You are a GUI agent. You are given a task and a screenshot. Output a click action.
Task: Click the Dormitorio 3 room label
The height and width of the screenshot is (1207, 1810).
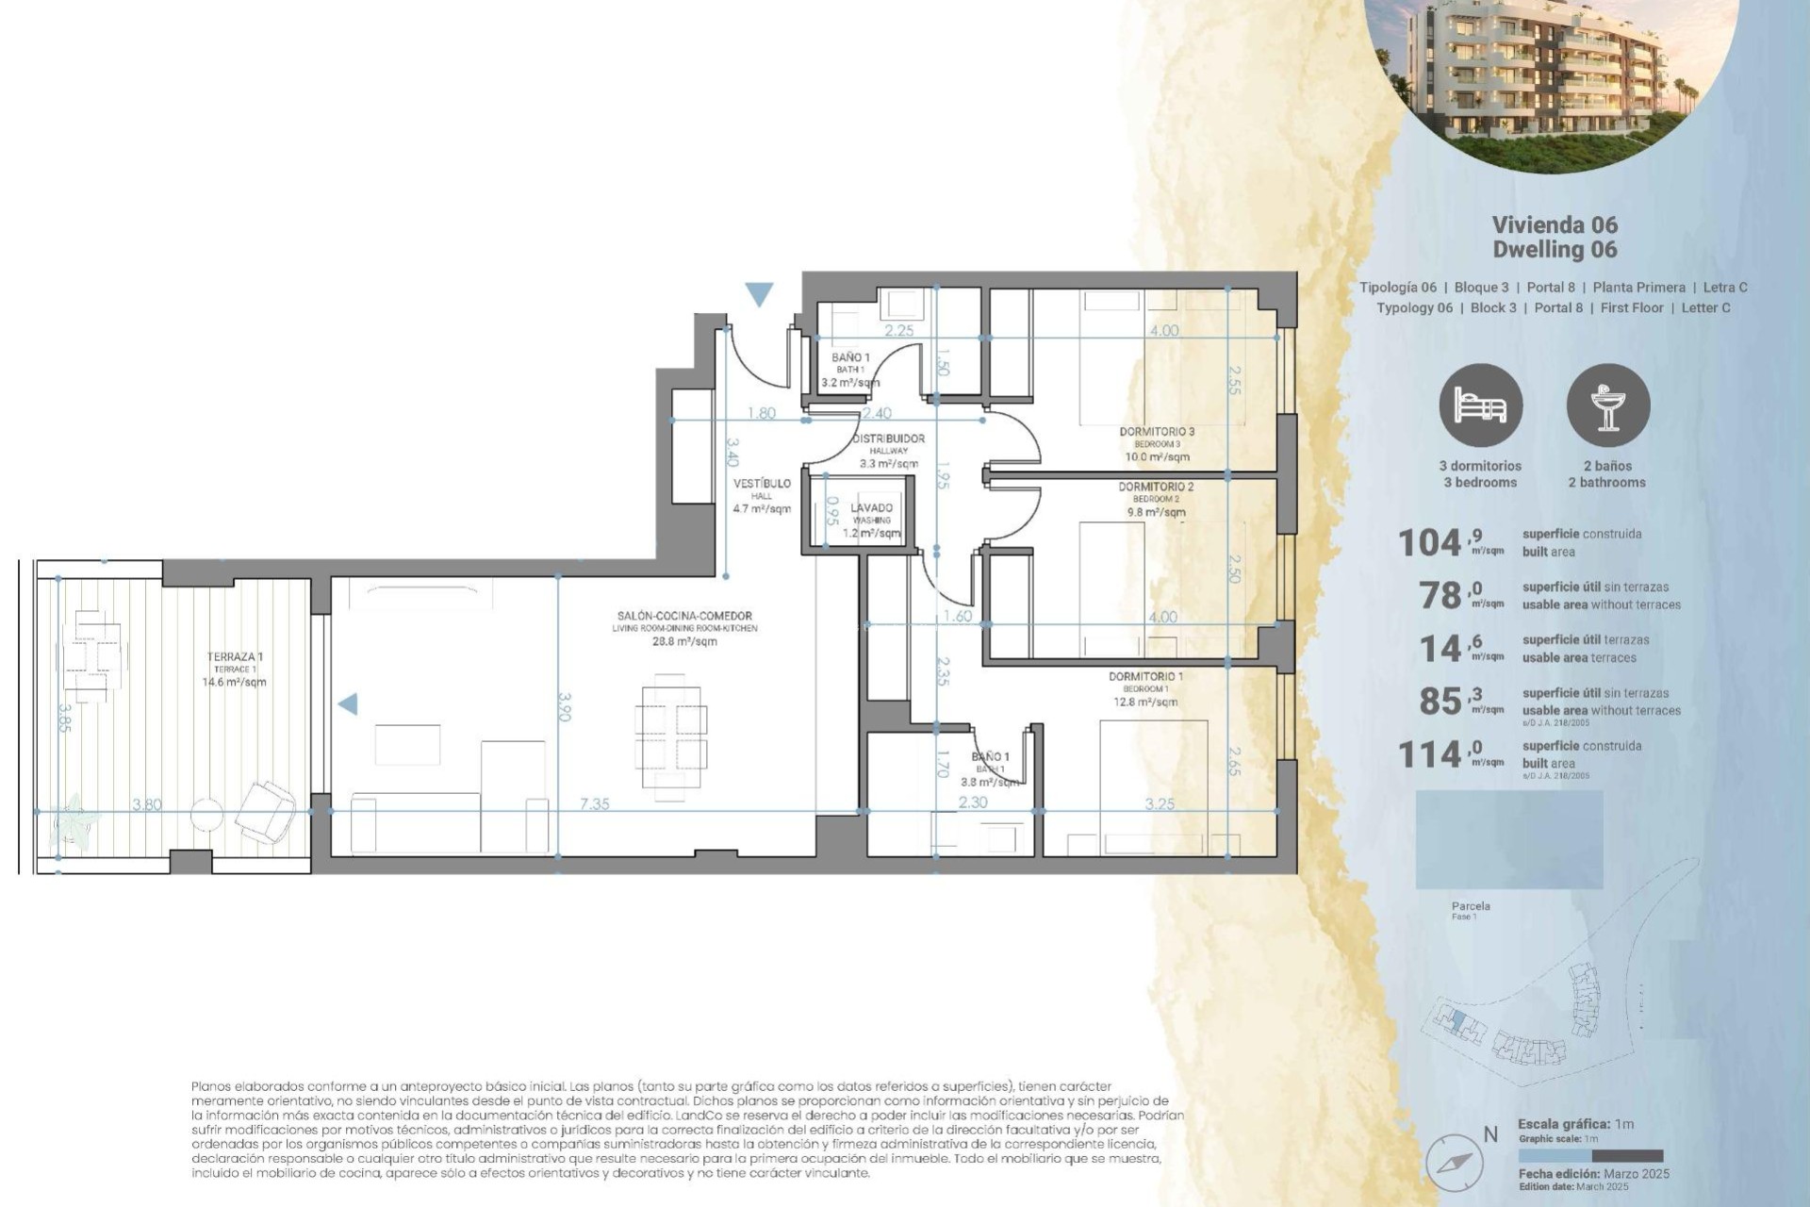pos(1157,432)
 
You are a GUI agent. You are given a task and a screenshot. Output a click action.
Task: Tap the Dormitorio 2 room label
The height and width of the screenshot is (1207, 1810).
pos(1156,488)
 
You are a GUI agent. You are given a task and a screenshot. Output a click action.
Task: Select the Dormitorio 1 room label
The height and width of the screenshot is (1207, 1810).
pos(1145,677)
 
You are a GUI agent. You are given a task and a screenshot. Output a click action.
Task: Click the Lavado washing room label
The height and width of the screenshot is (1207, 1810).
pos(871,508)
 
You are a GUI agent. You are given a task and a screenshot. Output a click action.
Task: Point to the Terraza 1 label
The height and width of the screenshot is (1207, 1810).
pos(235,657)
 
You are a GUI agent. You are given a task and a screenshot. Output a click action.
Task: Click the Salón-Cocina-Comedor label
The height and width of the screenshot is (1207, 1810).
pos(684,617)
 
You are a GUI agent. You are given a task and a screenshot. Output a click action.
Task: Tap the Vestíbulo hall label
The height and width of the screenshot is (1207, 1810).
pos(762,484)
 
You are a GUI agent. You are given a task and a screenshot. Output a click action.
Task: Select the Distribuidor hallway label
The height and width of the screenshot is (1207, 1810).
pos(888,439)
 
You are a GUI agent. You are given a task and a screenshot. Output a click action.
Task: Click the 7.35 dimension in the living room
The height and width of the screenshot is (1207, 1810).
pos(594,804)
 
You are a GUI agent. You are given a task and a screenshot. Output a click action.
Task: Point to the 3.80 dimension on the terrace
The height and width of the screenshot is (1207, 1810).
pos(147,804)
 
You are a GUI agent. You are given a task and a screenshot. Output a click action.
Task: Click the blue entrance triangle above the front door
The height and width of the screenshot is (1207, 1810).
pos(759,294)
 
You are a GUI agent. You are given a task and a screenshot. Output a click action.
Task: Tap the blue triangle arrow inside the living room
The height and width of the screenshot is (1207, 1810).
pos(348,703)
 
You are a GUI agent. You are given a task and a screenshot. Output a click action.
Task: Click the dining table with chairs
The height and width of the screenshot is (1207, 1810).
pos(670,736)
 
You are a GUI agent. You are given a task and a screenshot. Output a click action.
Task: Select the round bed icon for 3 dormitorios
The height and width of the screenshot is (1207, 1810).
pos(1480,405)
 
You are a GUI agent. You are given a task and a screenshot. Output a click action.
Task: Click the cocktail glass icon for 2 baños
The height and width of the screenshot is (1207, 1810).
pos(1607,405)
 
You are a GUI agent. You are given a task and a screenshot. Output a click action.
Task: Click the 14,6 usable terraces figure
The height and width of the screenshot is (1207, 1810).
pos(1450,649)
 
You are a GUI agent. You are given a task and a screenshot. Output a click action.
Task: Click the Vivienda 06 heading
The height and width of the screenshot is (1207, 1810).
pos(1555,224)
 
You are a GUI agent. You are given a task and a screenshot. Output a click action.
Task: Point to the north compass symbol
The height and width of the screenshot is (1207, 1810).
pos(1455,1162)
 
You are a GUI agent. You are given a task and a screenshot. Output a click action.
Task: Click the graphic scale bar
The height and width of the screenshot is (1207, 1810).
pos(1590,1156)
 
